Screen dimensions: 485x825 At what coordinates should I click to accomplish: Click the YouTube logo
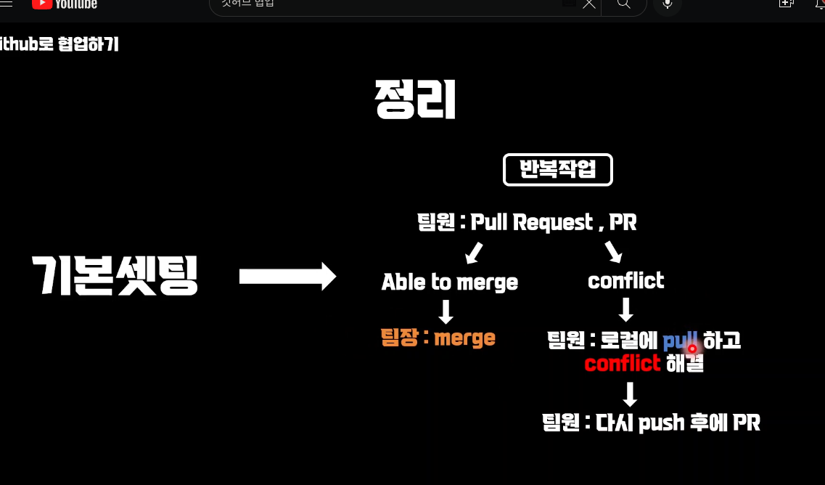64,4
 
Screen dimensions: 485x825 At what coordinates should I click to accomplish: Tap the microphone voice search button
668,4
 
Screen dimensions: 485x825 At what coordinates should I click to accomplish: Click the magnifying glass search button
623,4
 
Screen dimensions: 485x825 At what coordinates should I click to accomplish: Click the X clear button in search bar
589,4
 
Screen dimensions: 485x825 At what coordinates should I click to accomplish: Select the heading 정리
415,99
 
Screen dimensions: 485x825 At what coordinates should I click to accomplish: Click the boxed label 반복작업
557,170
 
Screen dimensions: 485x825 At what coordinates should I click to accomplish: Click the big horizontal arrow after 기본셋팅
287,277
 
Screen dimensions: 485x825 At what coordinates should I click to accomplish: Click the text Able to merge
449,282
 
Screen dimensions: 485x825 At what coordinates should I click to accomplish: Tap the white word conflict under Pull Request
625,280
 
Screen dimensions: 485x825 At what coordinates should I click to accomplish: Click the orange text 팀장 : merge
438,338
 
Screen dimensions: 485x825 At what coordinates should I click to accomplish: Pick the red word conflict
622,363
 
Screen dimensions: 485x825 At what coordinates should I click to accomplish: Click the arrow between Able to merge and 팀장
446,311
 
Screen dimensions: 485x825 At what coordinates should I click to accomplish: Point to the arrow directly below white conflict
625,310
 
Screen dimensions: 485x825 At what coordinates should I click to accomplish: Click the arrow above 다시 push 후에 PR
630,394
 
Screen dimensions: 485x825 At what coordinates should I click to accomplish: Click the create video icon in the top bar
786,4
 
